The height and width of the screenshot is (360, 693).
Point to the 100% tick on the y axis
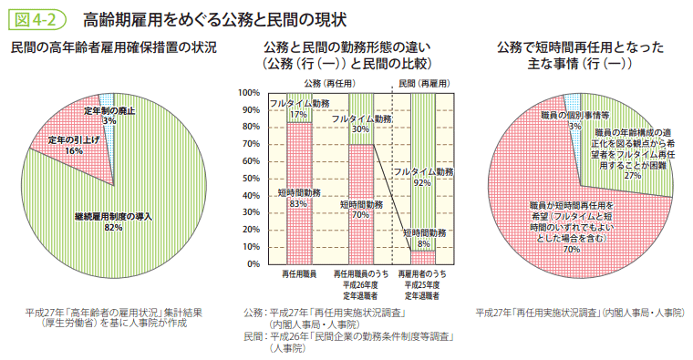point(249,93)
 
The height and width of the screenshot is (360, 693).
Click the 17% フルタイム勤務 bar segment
point(298,108)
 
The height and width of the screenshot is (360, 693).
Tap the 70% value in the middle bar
point(361,215)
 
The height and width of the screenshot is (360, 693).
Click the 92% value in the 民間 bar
point(421,182)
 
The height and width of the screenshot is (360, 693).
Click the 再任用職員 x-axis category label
point(298,274)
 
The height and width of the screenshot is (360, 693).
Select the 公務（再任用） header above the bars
point(329,83)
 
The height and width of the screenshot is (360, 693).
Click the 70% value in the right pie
point(572,248)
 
